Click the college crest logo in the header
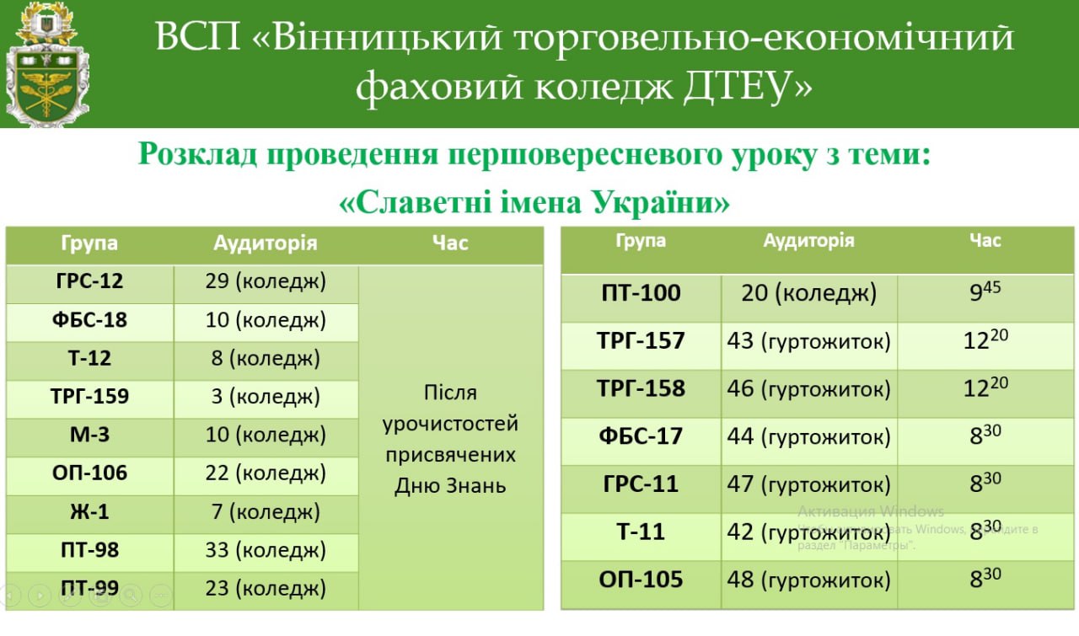(x=46, y=65)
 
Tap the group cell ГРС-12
(x=89, y=281)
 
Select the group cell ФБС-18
(x=89, y=320)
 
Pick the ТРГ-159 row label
(x=89, y=396)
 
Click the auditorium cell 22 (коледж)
(x=266, y=473)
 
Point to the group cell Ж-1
(x=89, y=511)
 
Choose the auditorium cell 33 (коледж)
(x=266, y=550)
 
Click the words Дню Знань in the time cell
(x=450, y=485)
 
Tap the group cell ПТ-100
(x=641, y=292)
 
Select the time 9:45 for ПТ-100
(x=985, y=291)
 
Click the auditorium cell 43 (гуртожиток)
(x=808, y=341)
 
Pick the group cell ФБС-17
(x=641, y=436)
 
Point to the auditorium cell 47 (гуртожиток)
(x=808, y=484)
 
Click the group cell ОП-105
(x=641, y=580)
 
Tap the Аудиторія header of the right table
(x=808, y=240)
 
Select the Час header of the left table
(x=450, y=243)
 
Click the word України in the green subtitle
(x=660, y=202)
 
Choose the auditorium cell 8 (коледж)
(x=266, y=358)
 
